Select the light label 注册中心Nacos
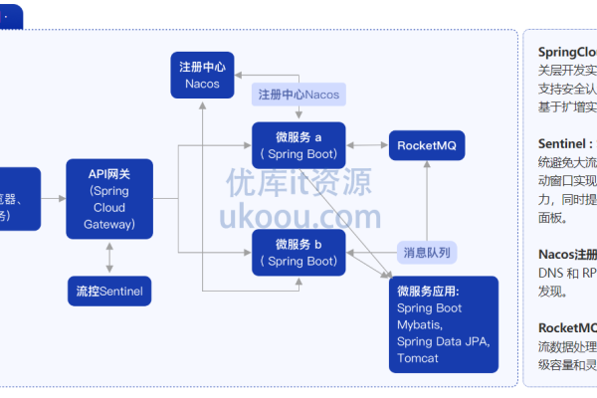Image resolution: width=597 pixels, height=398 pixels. coord(299,95)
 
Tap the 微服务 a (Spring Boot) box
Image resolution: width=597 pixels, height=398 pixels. coord(298,145)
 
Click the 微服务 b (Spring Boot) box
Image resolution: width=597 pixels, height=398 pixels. coord(298,253)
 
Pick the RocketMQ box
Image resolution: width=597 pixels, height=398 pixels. coord(426,145)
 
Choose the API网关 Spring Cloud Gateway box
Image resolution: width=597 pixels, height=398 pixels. coord(109,199)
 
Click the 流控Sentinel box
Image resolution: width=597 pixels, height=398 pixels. coord(109,292)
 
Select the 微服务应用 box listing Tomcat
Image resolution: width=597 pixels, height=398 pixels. coord(443,324)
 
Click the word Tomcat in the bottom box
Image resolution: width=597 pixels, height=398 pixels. coord(418,358)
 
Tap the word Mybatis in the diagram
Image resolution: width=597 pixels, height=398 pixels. coord(422,325)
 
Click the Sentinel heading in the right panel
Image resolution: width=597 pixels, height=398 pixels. coord(564,143)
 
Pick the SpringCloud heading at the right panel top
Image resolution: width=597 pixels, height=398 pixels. coord(567,52)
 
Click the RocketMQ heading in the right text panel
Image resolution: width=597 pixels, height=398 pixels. coord(567,327)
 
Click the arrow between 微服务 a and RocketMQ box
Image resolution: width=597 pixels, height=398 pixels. coord(368,145)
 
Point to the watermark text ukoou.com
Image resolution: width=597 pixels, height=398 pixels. coord(298,217)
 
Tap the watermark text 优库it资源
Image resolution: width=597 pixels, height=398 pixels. coord(298,182)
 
